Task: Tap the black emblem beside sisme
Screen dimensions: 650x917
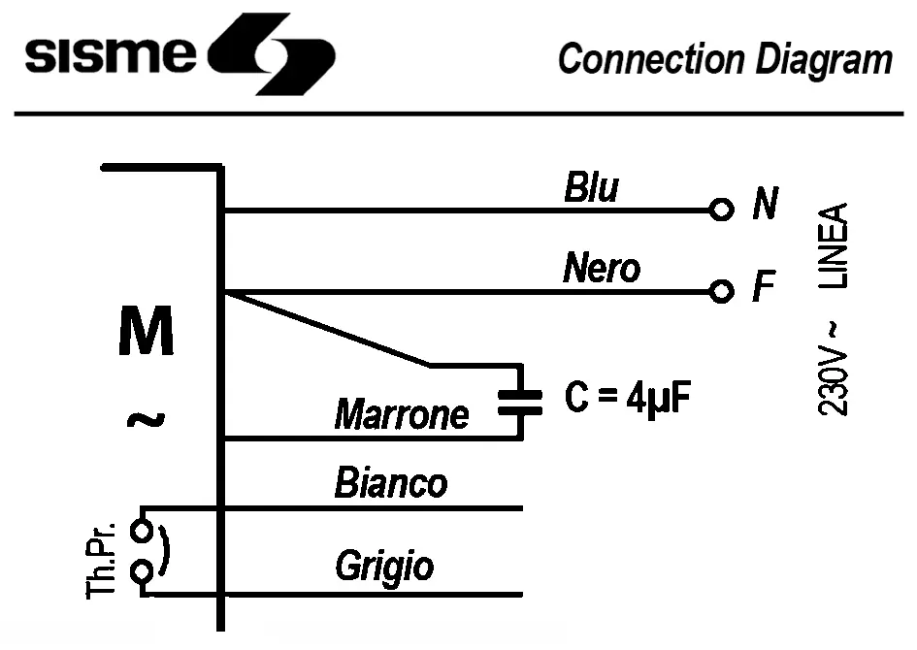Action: click(266, 54)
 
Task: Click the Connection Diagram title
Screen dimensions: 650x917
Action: click(724, 59)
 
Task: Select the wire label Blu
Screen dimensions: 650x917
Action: click(590, 188)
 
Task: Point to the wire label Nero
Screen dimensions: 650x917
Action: click(601, 268)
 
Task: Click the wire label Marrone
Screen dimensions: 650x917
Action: click(401, 415)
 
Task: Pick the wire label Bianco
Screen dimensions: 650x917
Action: click(390, 482)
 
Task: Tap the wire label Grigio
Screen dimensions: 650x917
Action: click(384, 566)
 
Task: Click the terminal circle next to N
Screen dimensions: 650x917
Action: click(720, 210)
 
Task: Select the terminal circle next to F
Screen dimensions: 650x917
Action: click(720, 291)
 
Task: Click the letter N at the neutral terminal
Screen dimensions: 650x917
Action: click(765, 205)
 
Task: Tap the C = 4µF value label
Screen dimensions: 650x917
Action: click(628, 399)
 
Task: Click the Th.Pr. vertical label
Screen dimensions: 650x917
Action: click(102, 560)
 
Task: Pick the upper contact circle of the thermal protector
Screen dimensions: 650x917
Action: click(142, 531)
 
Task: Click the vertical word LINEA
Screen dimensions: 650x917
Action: click(834, 246)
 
